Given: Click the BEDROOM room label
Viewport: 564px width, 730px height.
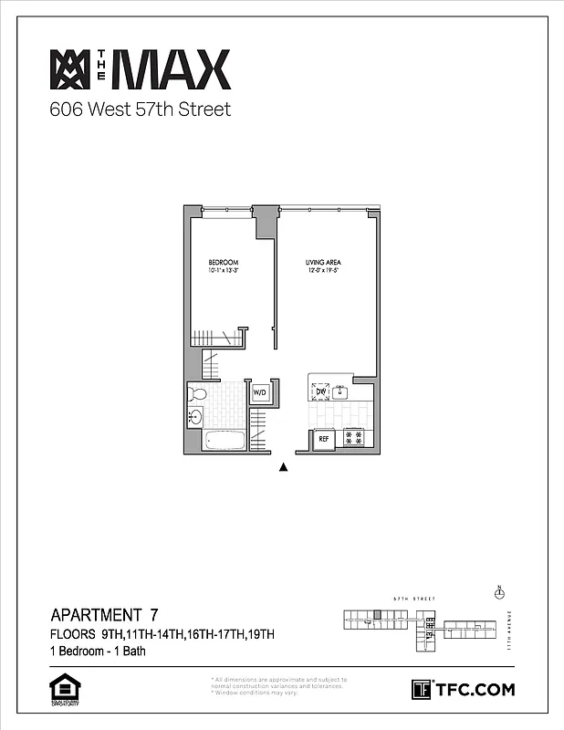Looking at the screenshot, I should (224, 262).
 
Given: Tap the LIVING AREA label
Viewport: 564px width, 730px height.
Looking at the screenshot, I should (323, 262).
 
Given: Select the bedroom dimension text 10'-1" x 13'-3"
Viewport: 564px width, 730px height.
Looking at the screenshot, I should (224, 270).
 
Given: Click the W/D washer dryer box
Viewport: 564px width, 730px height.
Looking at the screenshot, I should (259, 393).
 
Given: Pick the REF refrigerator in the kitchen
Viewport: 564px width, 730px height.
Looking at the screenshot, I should (323, 439).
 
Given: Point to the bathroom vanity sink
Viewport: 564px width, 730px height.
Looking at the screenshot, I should (195, 419).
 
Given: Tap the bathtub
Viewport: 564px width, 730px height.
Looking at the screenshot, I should (225, 440).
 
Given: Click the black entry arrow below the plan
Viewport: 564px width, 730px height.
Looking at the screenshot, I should (283, 467).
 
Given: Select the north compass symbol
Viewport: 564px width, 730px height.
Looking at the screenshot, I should (499, 593).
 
